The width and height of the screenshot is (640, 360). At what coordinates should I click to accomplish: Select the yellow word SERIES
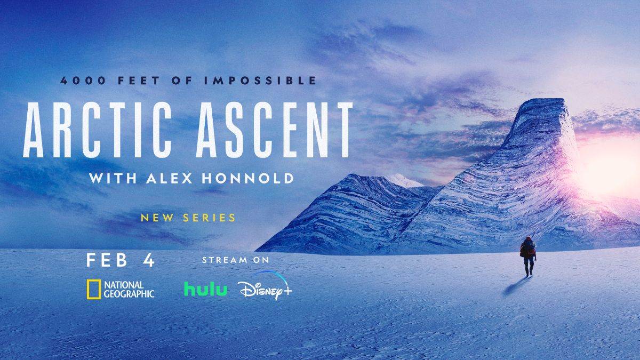coord(208,218)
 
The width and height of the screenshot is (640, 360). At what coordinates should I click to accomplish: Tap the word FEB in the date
coord(107,261)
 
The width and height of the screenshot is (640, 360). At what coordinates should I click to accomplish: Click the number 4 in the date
coord(148,261)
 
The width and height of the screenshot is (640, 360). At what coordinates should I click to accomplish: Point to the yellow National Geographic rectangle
coord(93,289)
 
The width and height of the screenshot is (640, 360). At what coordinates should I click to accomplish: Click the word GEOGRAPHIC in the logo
coord(129,293)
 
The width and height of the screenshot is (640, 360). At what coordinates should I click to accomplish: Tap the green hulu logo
coord(205,289)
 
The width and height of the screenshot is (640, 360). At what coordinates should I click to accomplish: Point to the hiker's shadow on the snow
coord(515,287)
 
